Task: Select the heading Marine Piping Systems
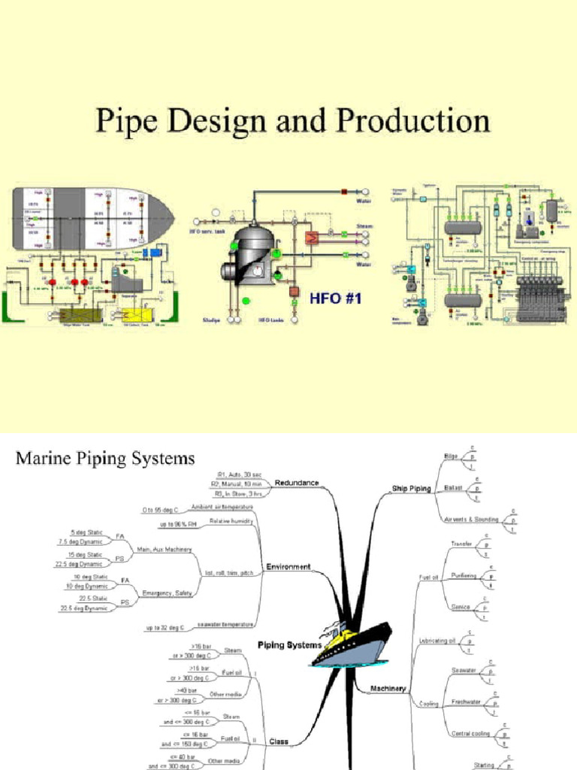click(x=104, y=458)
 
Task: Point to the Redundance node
click(x=296, y=482)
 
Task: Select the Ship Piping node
click(x=411, y=489)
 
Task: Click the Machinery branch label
click(x=388, y=688)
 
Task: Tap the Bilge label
click(x=451, y=456)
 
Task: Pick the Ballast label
click(x=453, y=488)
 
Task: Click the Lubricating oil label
click(x=437, y=641)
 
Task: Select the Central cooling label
click(x=470, y=733)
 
